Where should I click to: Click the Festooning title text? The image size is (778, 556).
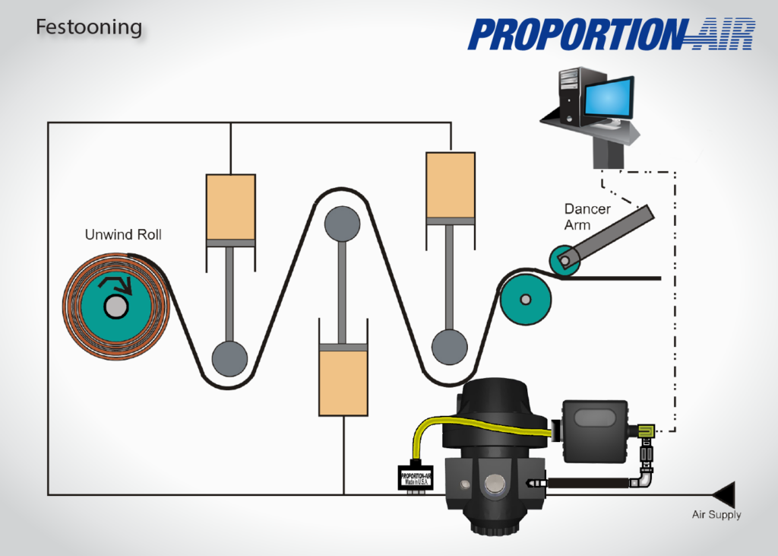(89, 28)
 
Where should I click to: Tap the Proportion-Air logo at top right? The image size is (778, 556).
(611, 34)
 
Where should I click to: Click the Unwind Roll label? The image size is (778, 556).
(123, 234)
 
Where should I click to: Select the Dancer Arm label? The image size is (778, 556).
(587, 217)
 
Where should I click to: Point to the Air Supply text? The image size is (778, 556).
(716, 515)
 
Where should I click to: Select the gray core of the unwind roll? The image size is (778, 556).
(116, 307)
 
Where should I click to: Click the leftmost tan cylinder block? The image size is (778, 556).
(230, 206)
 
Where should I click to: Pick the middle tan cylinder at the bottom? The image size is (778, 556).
(343, 378)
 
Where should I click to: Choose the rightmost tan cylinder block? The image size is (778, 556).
(451, 186)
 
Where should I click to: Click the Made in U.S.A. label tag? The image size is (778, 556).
(416, 479)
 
